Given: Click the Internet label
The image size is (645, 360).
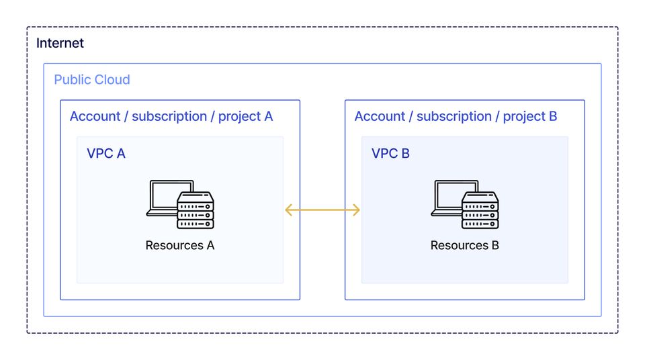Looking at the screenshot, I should [60, 43].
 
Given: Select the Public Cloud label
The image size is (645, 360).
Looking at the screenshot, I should [92, 79].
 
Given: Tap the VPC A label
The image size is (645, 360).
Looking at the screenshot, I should [106, 153].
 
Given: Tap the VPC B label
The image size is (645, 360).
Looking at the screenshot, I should [390, 153].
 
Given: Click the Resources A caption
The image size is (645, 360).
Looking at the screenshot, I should [179, 245].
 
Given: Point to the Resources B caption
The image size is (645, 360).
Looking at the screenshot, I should [464, 245].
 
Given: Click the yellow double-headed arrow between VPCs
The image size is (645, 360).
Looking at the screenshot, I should [322, 210].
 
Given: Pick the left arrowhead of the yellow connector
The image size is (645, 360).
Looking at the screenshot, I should [288, 210].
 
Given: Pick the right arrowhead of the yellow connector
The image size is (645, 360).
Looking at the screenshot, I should [357, 210].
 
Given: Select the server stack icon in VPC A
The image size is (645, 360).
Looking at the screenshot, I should [196, 210].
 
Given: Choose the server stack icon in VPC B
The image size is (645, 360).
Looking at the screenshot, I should [480, 210].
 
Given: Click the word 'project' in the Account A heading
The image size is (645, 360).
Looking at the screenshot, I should [240, 116].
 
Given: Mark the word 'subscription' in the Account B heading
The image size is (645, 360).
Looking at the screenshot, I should [454, 116].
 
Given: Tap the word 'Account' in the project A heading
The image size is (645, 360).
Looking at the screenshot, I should [95, 116].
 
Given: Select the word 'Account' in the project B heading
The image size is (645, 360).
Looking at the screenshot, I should [380, 116].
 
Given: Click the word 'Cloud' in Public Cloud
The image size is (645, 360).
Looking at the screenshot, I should [112, 79].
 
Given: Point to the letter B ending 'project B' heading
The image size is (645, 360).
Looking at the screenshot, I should [553, 116].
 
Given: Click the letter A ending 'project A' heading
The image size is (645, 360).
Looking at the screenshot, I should [268, 116].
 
